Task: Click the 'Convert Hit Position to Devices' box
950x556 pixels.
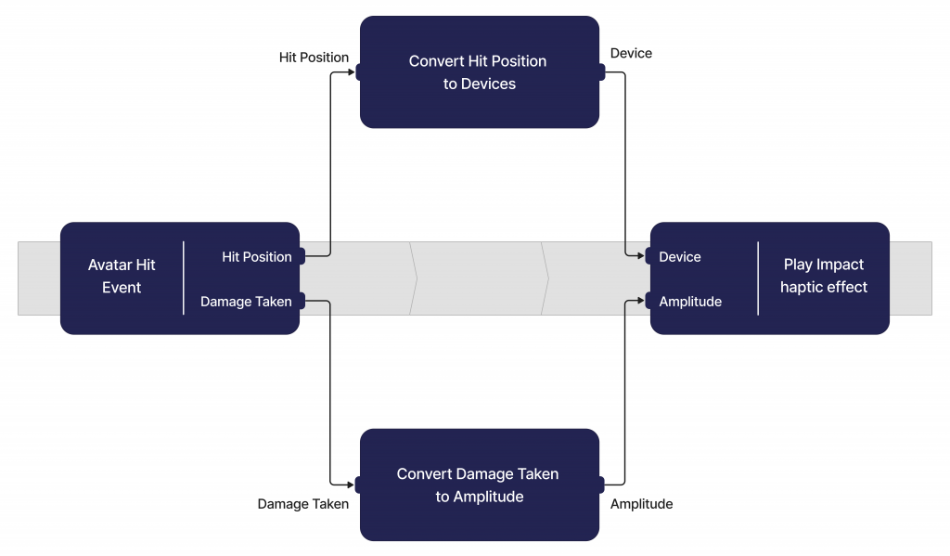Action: [x=480, y=72]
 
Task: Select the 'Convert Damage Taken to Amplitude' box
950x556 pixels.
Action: [x=480, y=485]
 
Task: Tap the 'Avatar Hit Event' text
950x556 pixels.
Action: [x=122, y=276]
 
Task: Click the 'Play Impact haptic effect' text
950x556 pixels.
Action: [x=824, y=276]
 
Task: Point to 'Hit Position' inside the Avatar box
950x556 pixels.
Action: [x=257, y=256]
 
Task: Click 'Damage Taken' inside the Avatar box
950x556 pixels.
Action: [x=246, y=302]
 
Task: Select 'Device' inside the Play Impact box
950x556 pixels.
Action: [x=680, y=256]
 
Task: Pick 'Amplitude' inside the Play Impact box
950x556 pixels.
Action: [x=690, y=302]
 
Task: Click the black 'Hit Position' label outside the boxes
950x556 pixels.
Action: [x=314, y=57]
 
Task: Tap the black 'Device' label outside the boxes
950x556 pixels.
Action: [x=631, y=53]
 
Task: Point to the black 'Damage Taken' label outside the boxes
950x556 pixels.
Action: [x=303, y=504]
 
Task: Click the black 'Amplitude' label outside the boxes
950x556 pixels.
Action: [x=641, y=504]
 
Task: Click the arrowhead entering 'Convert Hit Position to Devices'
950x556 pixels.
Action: [x=351, y=72]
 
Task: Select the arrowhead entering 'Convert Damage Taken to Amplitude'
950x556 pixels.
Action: [x=350, y=485]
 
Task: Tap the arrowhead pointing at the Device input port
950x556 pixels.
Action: [x=641, y=256]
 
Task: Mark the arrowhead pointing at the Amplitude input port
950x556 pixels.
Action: [x=641, y=300]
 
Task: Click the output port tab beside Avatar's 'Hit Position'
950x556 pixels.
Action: [x=302, y=256]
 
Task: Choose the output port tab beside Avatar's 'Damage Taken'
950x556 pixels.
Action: [x=302, y=301]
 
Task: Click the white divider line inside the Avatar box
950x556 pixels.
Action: [x=183, y=278]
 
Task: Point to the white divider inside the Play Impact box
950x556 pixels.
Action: [x=758, y=278]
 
